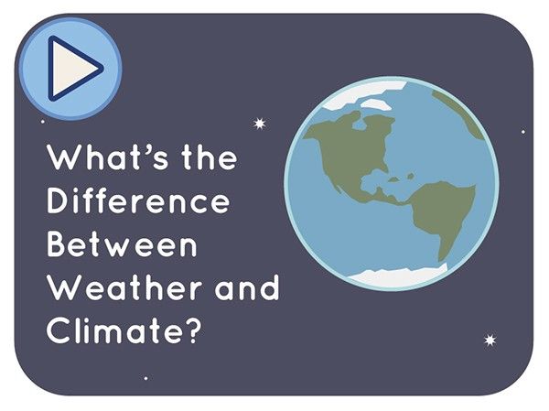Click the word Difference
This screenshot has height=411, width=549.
click(137, 200)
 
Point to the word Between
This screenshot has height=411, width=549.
click(122, 245)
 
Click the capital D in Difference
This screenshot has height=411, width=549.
click(59, 200)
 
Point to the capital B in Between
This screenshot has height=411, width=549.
click(58, 245)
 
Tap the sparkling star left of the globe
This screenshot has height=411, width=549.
click(259, 123)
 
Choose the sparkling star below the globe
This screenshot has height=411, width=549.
click(490, 341)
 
